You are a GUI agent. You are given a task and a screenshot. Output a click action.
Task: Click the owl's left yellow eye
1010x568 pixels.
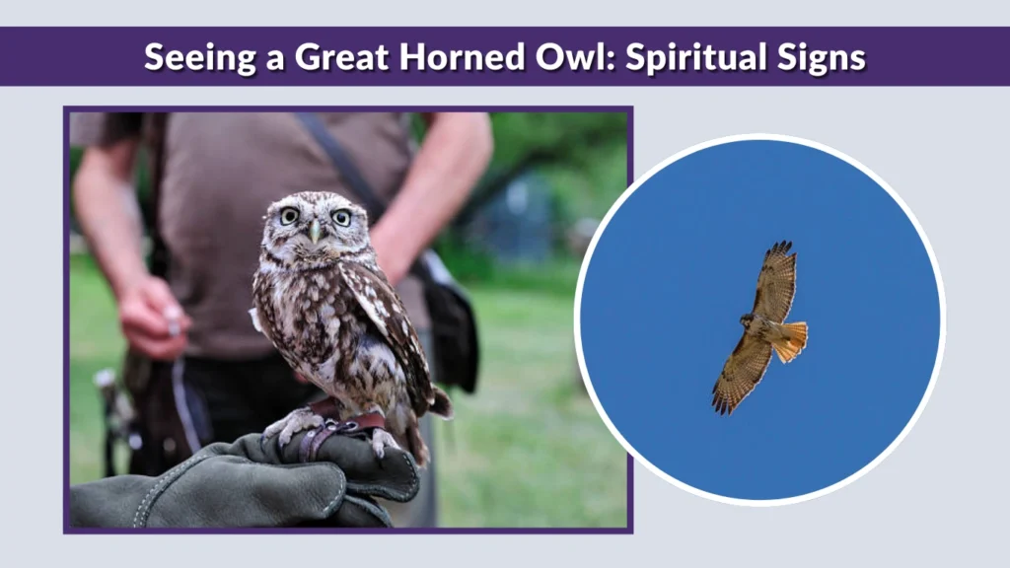[288, 216]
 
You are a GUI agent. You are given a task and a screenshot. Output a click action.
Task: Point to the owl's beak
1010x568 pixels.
[315, 233]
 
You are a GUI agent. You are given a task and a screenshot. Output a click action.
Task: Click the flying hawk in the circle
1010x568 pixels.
[761, 326]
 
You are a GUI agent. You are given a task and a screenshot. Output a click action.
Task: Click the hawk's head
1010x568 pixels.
[745, 320]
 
